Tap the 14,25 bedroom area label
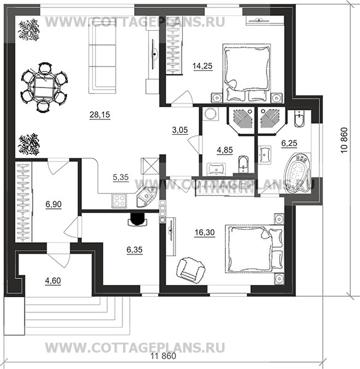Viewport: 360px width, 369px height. pyautogui.click(x=202, y=66)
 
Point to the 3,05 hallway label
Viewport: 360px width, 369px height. pyautogui.click(x=180, y=130)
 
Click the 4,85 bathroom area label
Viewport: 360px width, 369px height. pyautogui.click(x=220, y=148)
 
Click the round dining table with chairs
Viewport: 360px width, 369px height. pyautogui.click(x=44, y=87)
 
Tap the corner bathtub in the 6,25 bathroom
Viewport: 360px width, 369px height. pyautogui.click(x=297, y=174)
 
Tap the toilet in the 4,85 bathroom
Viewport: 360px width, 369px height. pyautogui.click(x=242, y=164)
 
